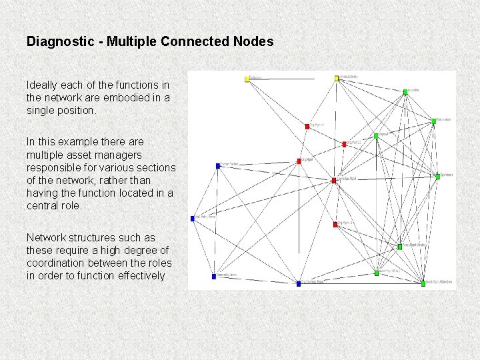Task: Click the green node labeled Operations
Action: [x=437, y=177]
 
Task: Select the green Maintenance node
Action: [x=433, y=121]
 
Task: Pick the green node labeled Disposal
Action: [x=376, y=136]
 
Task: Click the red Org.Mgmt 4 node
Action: [x=307, y=126]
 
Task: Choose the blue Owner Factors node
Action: [x=217, y=165]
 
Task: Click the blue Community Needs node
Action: [x=213, y=276]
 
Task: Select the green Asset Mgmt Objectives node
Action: [x=423, y=283]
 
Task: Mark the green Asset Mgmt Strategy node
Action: [x=400, y=247]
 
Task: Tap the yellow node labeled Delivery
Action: [x=337, y=79]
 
